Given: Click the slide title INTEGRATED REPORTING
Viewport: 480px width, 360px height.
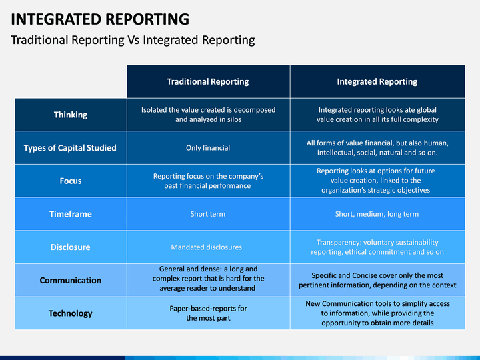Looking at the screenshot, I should point(100,19).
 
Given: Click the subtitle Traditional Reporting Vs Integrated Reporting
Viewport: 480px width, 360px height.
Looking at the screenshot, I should point(133,40).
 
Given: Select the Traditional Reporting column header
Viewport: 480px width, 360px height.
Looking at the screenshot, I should point(207,82).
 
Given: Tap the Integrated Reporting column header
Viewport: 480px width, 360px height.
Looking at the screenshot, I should point(377,82).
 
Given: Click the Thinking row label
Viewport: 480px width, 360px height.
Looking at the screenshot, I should point(71,115).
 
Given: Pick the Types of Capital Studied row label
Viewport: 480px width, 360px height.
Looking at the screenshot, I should point(70,148).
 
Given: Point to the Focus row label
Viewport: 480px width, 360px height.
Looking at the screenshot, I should point(71,181).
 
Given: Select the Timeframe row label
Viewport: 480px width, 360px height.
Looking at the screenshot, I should point(71,214).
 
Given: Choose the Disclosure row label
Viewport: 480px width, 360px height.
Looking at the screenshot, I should point(71,247).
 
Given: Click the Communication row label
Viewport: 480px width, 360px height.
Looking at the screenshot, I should point(71,281).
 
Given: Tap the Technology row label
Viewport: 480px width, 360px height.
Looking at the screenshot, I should point(71,313).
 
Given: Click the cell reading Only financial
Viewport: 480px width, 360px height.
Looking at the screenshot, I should point(207,148).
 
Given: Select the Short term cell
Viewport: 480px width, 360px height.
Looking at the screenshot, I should point(207,214).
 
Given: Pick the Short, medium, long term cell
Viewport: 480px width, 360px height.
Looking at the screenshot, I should point(377,214).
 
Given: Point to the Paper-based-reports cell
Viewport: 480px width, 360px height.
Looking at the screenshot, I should point(208,313).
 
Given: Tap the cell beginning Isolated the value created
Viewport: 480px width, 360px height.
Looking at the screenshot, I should point(208,115).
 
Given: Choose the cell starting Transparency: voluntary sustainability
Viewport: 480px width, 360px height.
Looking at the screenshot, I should point(377,247).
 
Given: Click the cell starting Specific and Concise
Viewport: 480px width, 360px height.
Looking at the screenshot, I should point(377,280).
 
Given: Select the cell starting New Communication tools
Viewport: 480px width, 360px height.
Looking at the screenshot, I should point(377,313).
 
